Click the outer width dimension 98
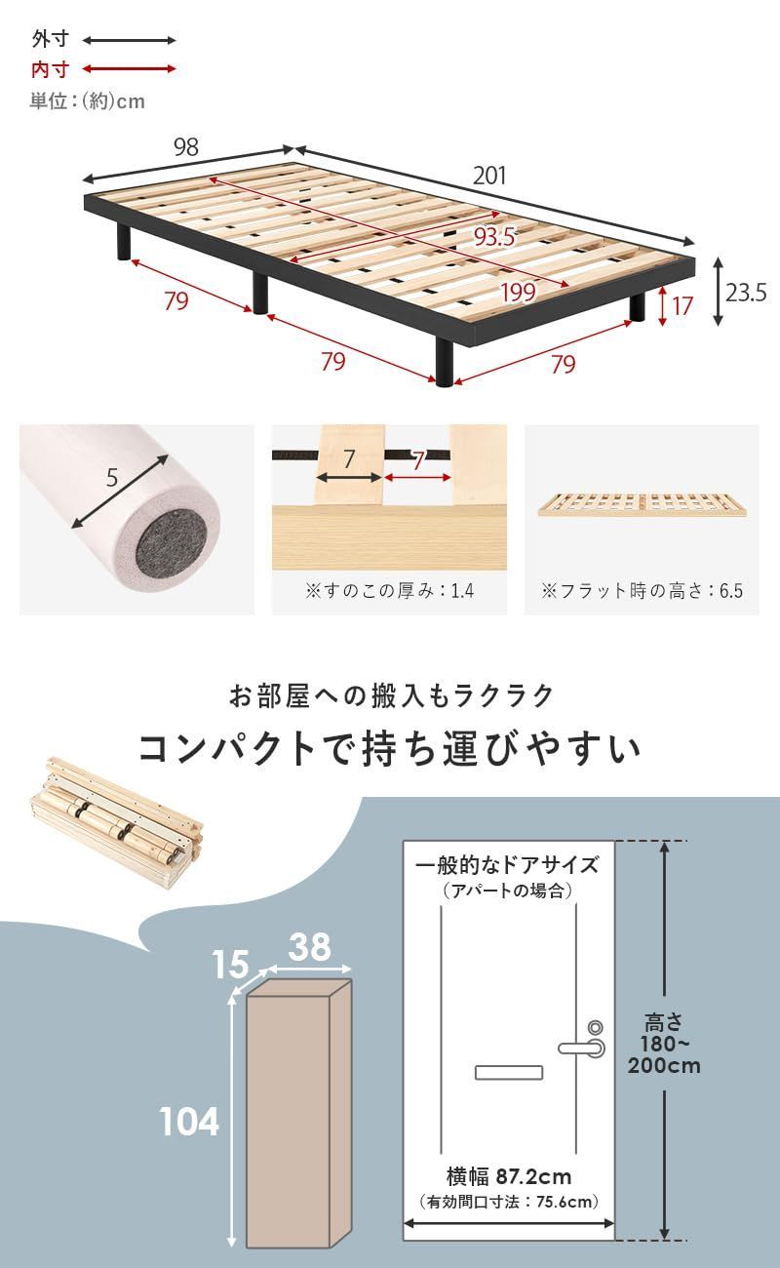[185, 147]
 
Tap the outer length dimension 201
[489, 176]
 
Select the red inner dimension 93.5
[493, 236]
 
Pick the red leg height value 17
[682, 305]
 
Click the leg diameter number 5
[112, 478]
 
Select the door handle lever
[581, 1048]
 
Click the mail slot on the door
[508, 1073]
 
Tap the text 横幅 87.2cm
[509, 1176]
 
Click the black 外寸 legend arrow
[129, 41]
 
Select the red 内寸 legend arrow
[129, 69]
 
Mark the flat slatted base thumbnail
[643, 506]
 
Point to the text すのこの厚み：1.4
[389, 591]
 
